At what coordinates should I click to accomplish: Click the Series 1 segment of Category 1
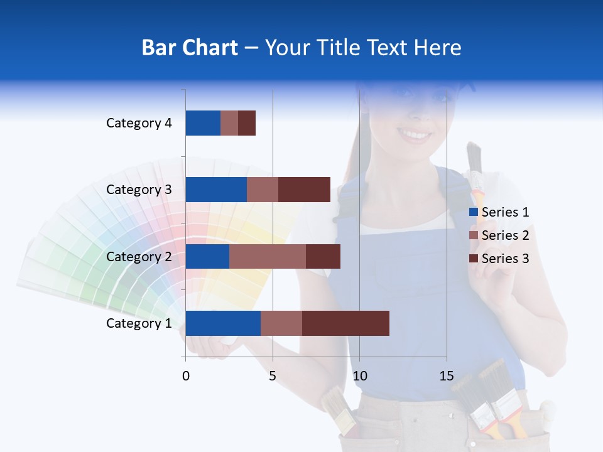click(223, 323)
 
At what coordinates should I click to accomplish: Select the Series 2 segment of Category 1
click(281, 323)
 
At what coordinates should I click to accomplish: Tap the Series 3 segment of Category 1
click(345, 323)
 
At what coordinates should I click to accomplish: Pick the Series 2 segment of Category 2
click(268, 257)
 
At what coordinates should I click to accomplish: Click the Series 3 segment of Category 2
click(323, 257)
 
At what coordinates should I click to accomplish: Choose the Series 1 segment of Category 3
click(216, 190)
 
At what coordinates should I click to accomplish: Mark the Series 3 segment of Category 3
click(304, 190)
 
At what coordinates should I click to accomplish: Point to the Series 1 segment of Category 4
click(203, 123)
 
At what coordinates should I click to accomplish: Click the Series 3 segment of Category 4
click(247, 123)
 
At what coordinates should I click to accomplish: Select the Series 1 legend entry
click(499, 212)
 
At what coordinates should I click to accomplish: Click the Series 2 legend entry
click(499, 235)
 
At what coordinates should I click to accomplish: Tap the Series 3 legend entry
click(499, 259)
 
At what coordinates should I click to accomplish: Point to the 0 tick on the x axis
click(186, 376)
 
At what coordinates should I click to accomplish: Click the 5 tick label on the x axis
click(273, 376)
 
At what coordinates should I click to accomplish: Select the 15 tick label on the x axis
click(447, 376)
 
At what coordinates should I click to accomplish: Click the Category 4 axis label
click(139, 123)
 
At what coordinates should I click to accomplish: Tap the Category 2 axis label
click(139, 257)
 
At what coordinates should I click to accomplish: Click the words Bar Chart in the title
click(190, 48)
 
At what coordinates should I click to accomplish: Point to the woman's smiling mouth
click(413, 134)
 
